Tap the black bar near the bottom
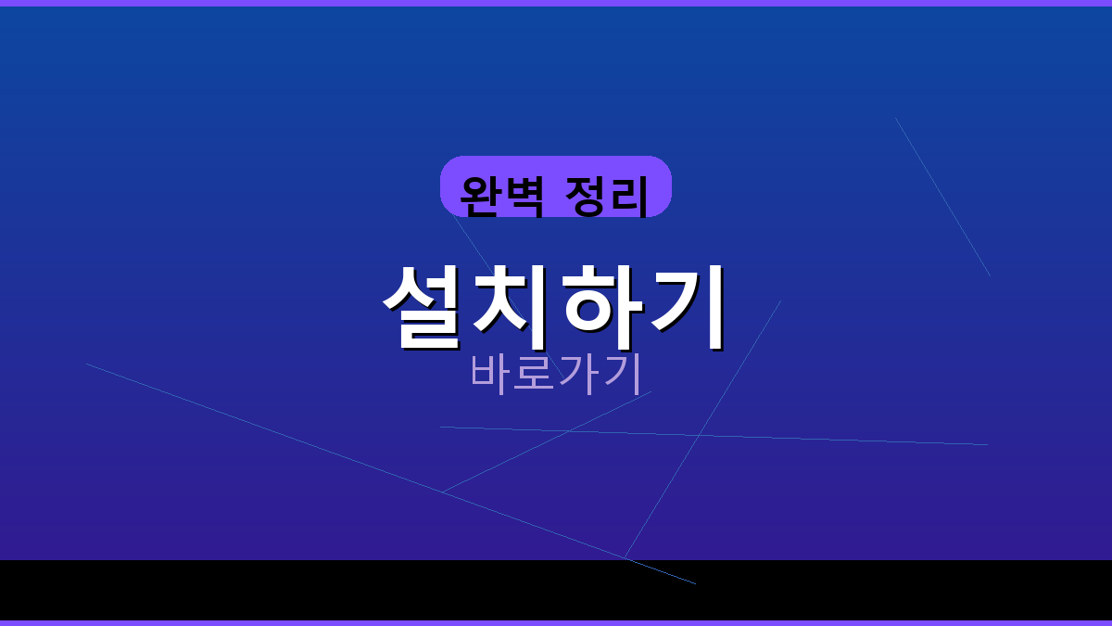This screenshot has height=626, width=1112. pos(278,590)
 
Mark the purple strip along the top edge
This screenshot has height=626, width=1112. pos(556,3)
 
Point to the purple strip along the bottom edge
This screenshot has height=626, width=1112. pos(556,622)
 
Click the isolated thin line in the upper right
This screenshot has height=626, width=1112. pos(942,197)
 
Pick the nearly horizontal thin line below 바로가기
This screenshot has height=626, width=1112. pos(834,440)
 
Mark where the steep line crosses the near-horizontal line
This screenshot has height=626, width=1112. pos(700,434)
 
